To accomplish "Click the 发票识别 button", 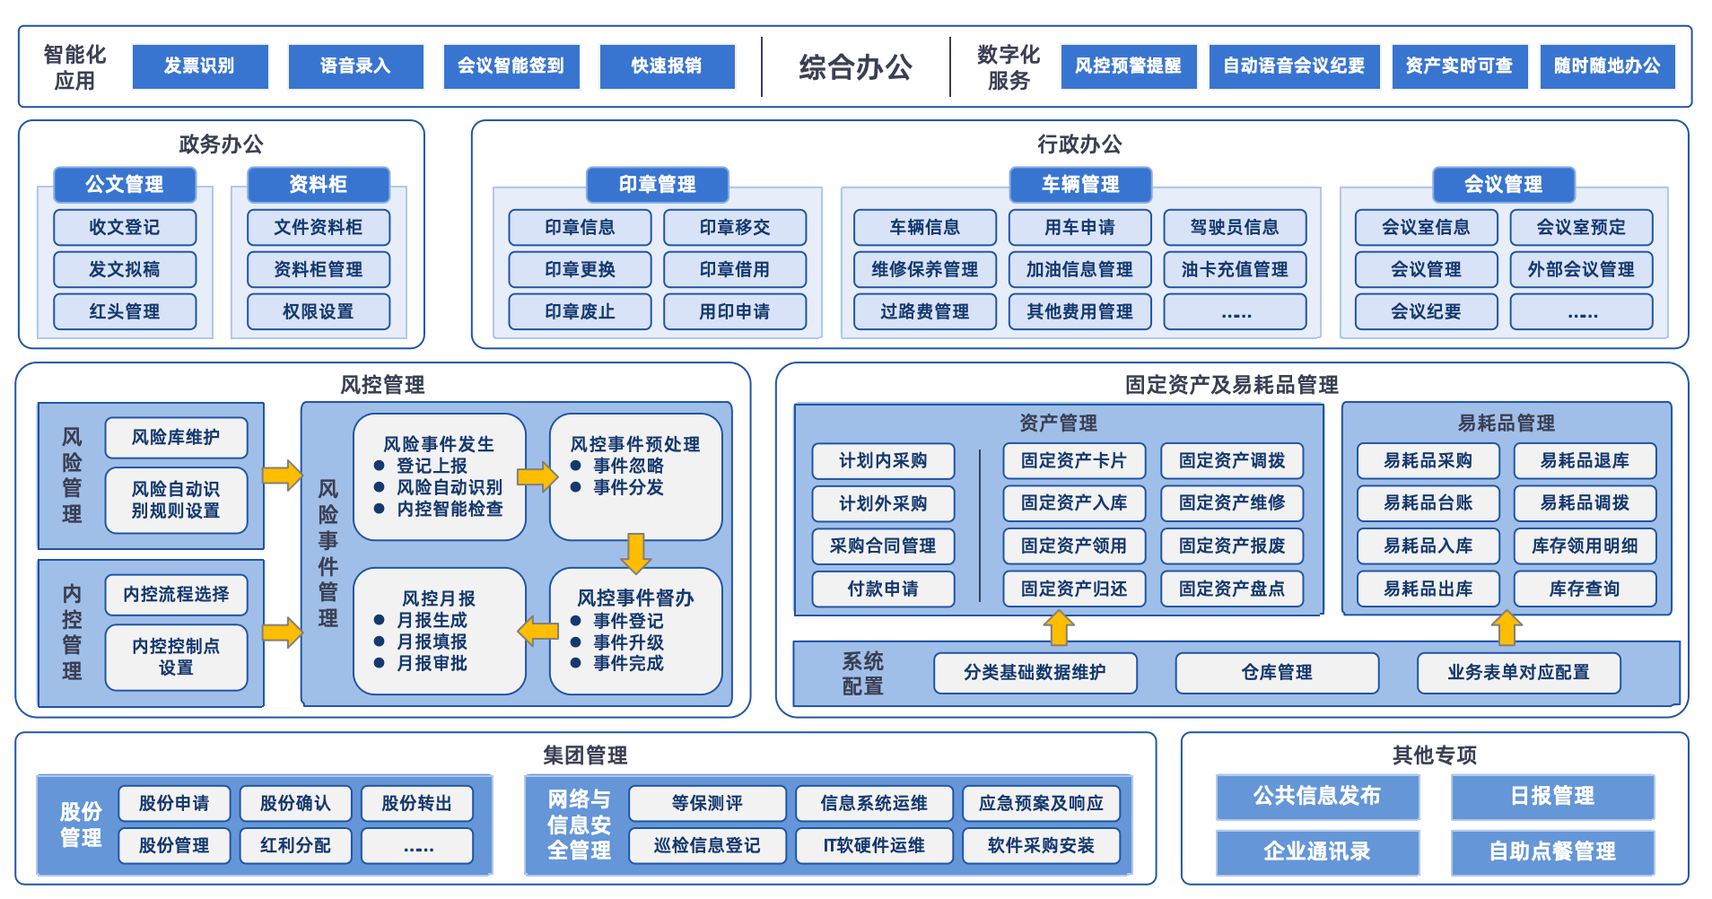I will [x=200, y=66].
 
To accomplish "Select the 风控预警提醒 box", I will [x=1128, y=66].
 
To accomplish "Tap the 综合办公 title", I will [x=855, y=67].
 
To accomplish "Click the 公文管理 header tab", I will [x=125, y=185].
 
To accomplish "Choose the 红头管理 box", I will [x=125, y=311].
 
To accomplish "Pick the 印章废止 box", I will [x=580, y=311].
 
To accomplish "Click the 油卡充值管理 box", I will [x=1234, y=269].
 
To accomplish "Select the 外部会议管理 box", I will [x=1581, y=269].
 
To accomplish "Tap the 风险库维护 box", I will [x=176, y=437].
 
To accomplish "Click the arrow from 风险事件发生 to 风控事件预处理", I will [x=537, y=476].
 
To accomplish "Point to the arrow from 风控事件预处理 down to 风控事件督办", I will [x=635, y=553].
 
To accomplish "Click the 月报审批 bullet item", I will [x=432, y=663].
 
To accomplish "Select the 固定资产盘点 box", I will [x=1231, y=589].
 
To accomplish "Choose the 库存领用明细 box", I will [x=1585, y=546].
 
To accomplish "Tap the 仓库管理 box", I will [x=1276, y=672].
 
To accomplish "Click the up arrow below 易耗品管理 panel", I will [x=1506, y=627].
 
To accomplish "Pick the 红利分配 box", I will [x=295, y=845].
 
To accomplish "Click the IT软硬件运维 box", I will [x=874, y=845].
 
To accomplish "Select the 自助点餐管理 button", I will [x=1552, y=851].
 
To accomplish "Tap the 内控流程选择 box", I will [x=176, y=594].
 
